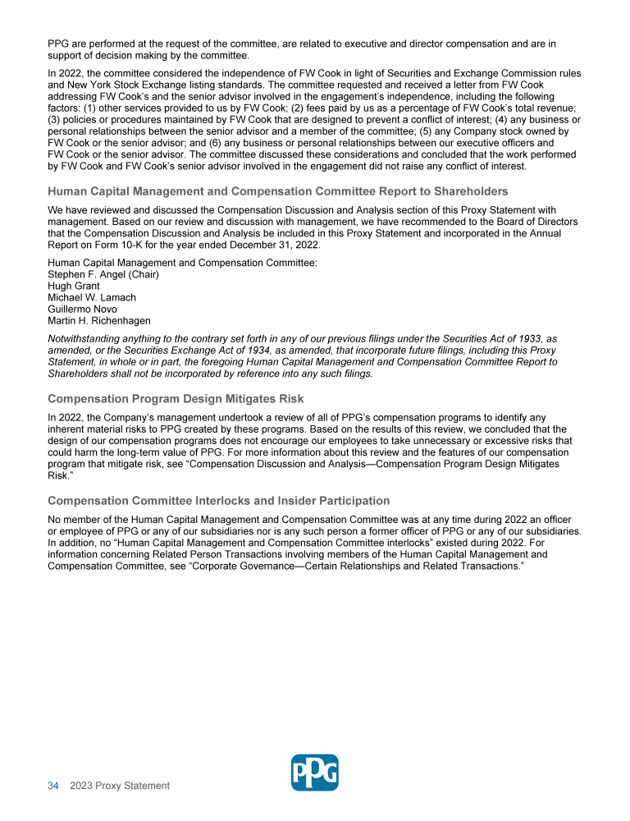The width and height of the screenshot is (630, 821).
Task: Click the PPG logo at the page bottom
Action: pos(315,772)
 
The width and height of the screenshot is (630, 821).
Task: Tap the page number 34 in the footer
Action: pos(53,786)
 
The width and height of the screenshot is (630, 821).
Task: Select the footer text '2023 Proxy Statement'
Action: pos(120,786)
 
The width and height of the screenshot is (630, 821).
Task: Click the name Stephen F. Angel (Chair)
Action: pos(103,274)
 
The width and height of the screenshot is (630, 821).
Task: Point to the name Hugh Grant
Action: pos(74,286)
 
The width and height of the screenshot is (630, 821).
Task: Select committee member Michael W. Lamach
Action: pos(92,297)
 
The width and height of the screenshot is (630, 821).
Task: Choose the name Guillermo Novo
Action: pos(82,309)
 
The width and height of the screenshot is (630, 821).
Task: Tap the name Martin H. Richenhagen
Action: pos(99,320)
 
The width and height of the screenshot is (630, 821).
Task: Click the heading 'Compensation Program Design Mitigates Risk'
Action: pos(176,399)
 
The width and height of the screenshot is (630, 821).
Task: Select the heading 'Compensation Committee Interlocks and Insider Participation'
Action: pos(219,501)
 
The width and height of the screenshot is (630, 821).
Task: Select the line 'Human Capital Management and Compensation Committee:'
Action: pos(182,263)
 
